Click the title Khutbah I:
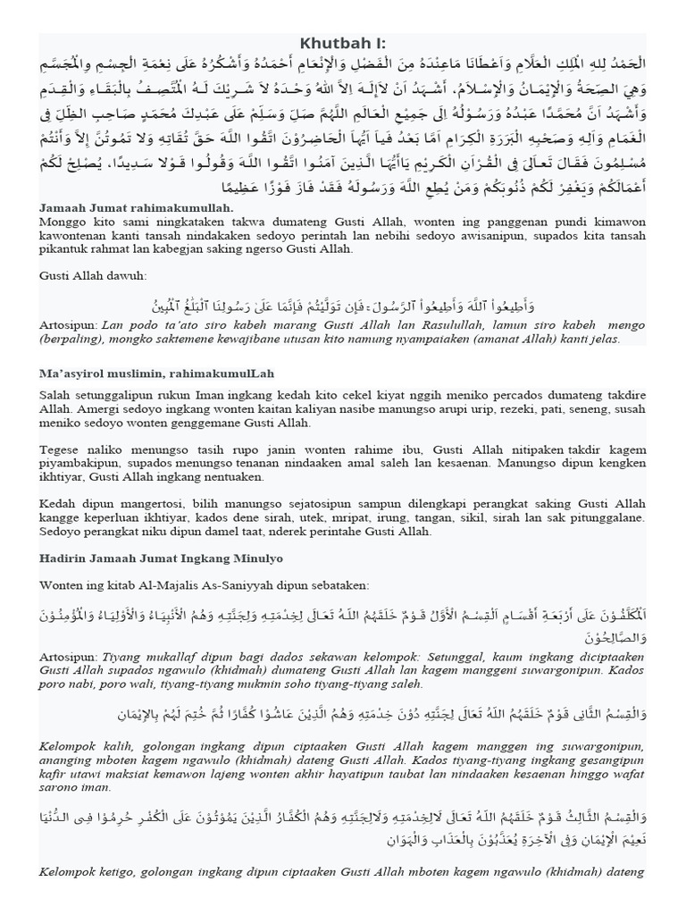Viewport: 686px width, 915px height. point(343,44)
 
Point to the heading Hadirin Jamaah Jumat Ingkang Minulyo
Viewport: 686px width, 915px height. point(161,558)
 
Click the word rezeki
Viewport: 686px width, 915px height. point(465,408)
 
